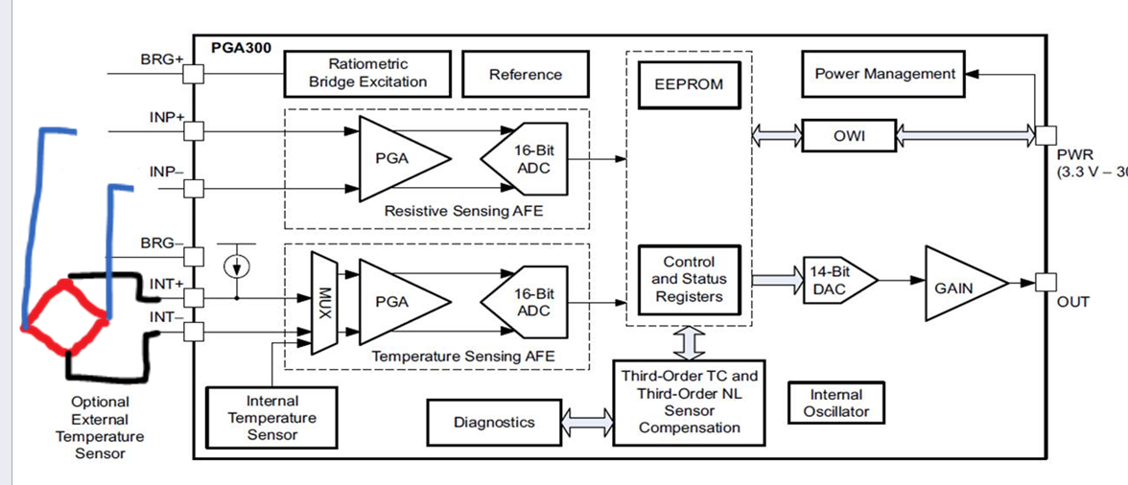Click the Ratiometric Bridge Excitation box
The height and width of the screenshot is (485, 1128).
coord(368,74)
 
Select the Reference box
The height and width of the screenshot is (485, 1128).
coord(525,74)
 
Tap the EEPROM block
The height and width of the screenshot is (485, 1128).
coord(689,84)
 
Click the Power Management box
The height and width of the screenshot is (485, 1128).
coord(884,74)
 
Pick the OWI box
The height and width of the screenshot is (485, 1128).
coord(848,136)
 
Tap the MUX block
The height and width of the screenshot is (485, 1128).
coord(323,301)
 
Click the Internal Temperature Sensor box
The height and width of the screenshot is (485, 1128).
coord(272,417)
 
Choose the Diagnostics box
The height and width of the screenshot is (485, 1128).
coord(494,422)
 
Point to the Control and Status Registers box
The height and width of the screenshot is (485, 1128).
coord(689,279)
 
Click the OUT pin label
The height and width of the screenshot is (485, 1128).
coord(1073,302)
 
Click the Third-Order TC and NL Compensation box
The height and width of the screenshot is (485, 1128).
coord(689,402)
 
